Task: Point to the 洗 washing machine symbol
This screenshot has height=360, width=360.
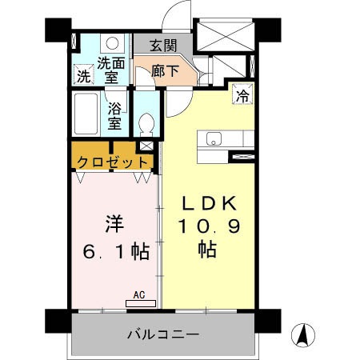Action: [83, 77]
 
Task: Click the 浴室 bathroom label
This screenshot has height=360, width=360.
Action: [114, 114]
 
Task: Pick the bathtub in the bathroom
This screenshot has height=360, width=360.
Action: [86, 114]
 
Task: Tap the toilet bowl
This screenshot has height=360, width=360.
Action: [146, 121]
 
